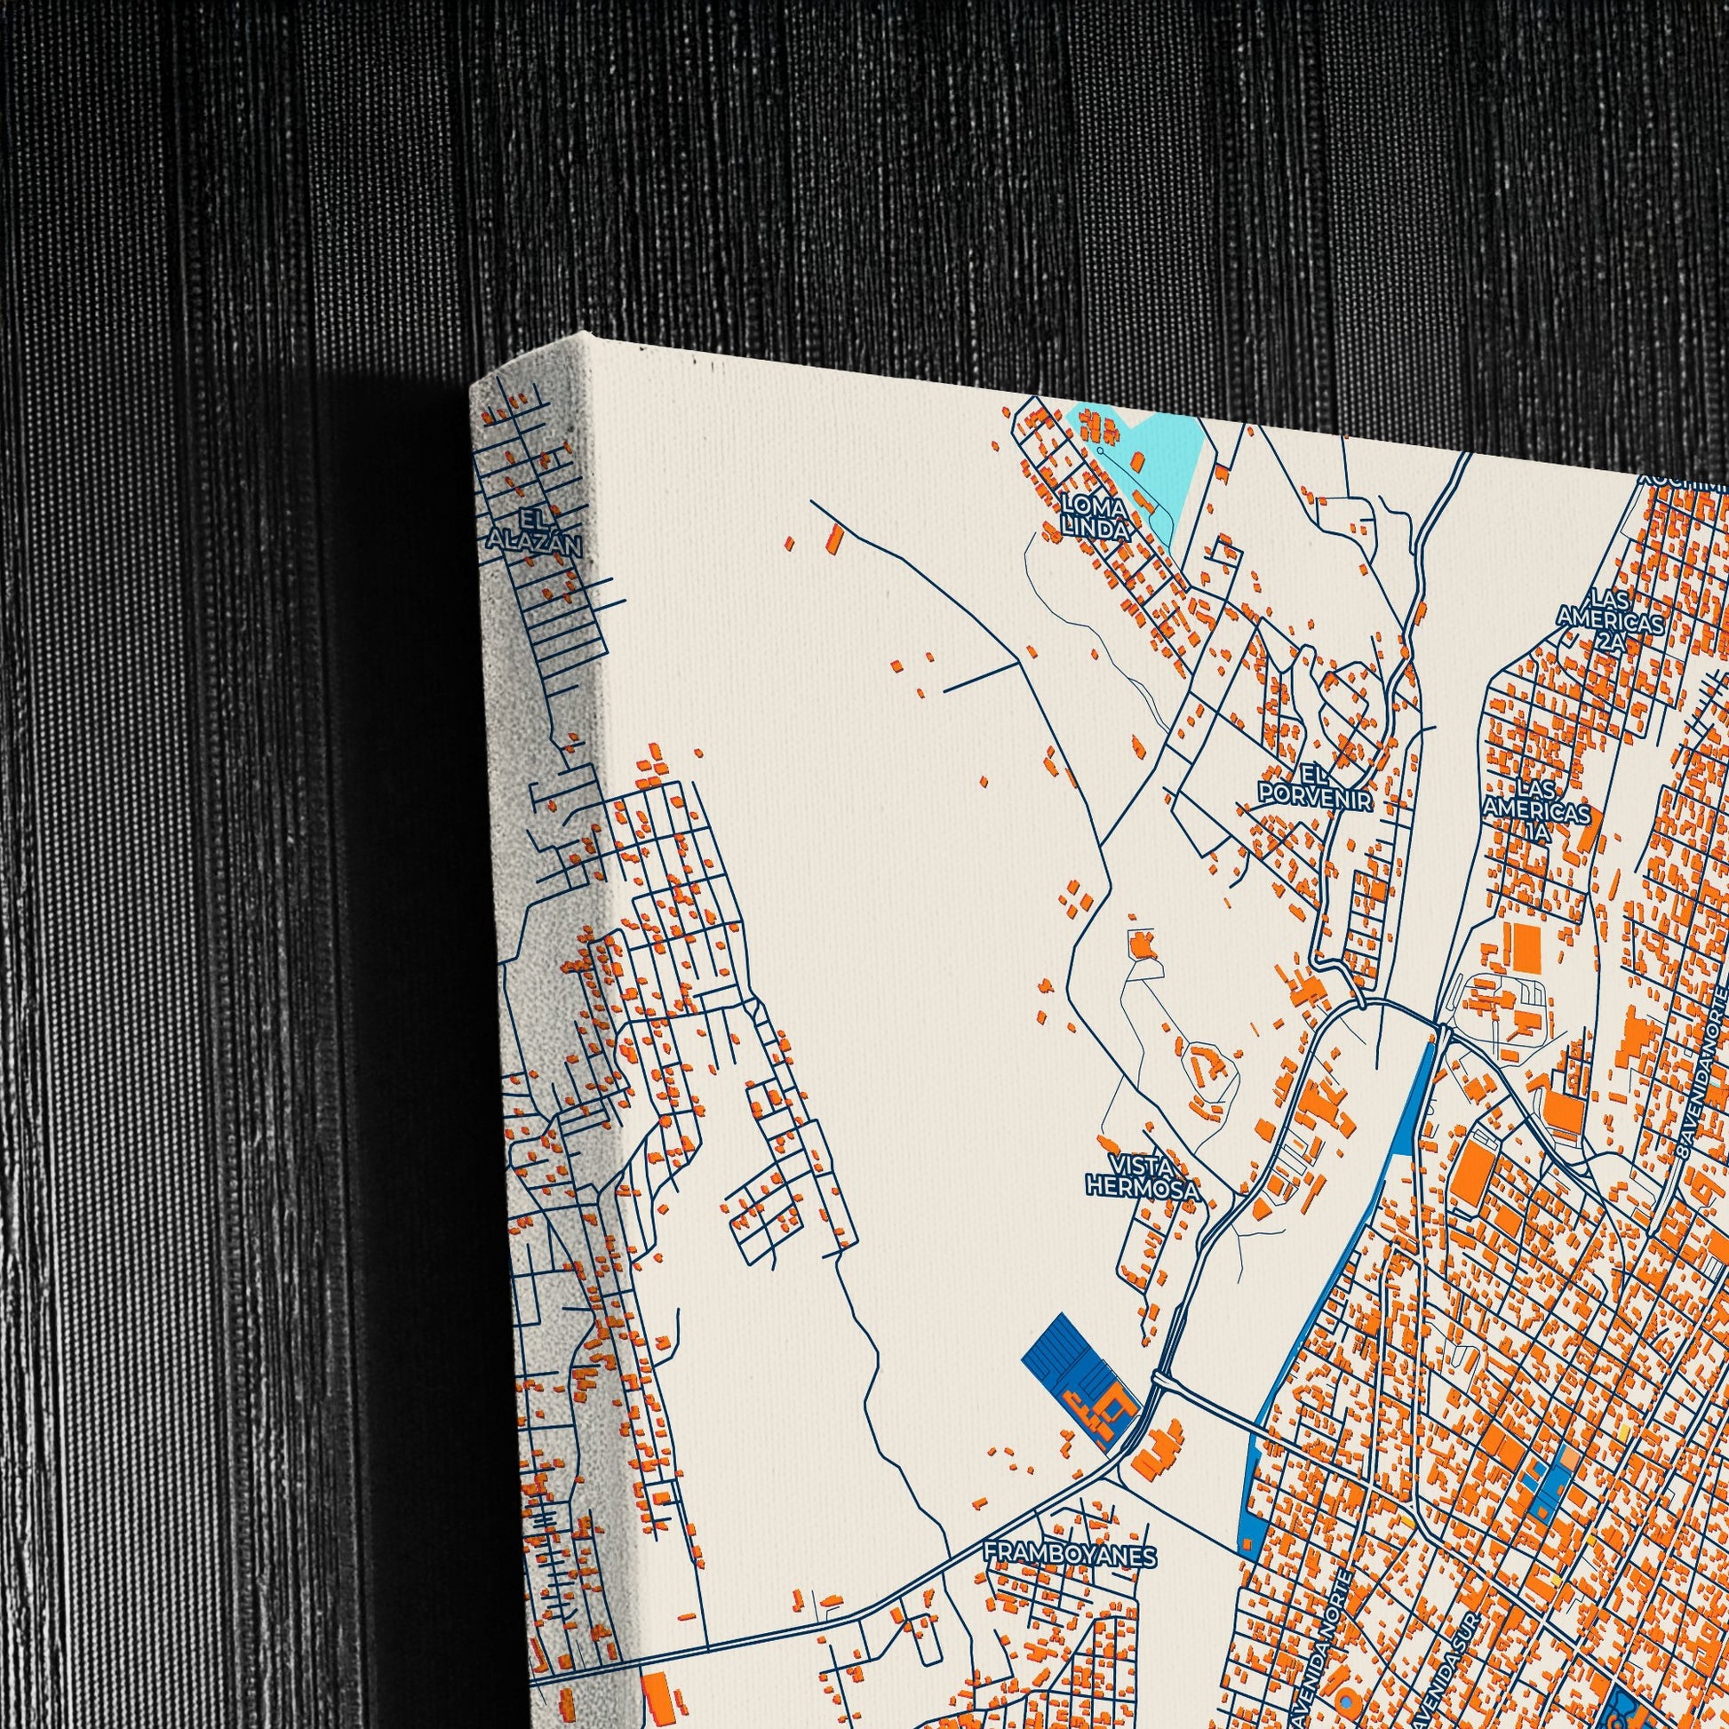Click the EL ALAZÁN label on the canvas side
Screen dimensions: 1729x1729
pyautogui.click(x=534, y=531)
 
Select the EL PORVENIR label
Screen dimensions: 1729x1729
pyautogui.click(x=1314, y=786)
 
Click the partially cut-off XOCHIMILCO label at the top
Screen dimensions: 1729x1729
pyautogui.click(x=1683, y=482)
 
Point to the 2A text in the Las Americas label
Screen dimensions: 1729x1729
pyautogui.click(x=1610, y=642)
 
